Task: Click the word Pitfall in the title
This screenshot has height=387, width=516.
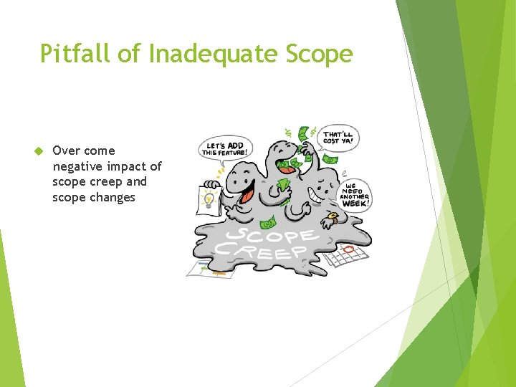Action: pyautogui.click(x=71, y=54)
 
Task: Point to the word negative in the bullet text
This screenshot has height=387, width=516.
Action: pyautogui.click(x=77, y=166)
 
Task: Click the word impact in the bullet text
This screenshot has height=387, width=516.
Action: pyautogui.click(x=125, y=166)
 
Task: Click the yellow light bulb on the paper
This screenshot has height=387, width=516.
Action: pyautogui.click(x=209, y=199)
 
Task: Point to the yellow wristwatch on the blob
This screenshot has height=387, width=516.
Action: pyautogui.click(x=332, y=216)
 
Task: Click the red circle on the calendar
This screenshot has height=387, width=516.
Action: pyautogui.click(x=348, y=249)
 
